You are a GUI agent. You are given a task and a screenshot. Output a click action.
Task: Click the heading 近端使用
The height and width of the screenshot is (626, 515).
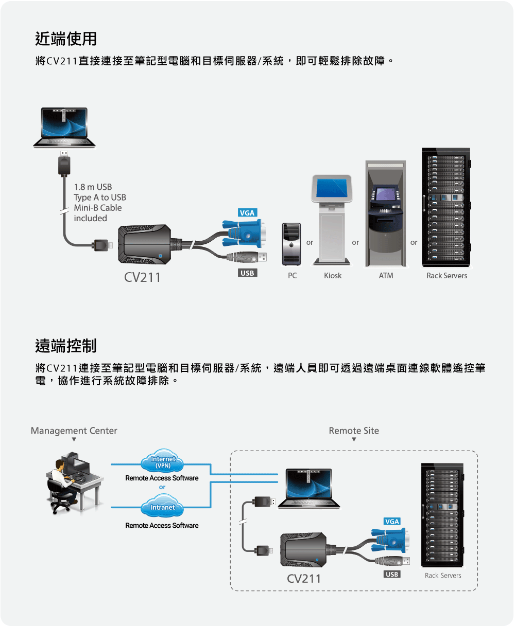[x=66, y=39]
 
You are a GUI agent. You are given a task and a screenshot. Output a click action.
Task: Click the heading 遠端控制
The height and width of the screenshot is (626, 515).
[x=66, y=346]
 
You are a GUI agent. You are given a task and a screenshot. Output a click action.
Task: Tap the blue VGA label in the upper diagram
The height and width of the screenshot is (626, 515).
[x=247, y=212]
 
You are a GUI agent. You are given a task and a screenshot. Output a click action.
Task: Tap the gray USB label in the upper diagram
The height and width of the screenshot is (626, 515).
[x=247, y=273]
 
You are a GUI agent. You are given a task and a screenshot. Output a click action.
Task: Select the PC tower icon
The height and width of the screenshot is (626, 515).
[x=291, y=244]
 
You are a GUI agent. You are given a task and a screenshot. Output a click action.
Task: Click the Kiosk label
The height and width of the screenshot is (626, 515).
[x=333, y=276]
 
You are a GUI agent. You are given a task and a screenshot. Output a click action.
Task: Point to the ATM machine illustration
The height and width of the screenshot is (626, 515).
[x=385, y=213]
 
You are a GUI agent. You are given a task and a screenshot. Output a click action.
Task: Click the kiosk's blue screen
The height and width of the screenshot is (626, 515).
[x=332, y=188]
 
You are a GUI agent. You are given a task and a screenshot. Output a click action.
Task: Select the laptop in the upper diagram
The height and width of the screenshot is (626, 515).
[x=64, y=128]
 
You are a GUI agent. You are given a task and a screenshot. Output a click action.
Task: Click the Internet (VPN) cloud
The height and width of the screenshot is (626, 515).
[x=162, y=461]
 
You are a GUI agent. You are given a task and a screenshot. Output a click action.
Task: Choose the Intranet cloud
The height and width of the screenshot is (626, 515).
[x=162, y=506]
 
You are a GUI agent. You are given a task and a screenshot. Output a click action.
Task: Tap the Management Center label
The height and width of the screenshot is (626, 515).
[x=74, y=431]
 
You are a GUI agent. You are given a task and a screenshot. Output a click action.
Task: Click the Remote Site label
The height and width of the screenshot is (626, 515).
[x=354, y=431]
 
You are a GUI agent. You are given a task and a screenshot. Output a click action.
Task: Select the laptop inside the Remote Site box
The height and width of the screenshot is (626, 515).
[x=309, y=489]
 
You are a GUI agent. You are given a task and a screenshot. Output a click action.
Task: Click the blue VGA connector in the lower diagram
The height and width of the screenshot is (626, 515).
[x=390, y=540]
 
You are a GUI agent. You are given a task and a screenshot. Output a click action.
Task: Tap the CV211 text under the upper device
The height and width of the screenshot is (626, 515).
[x=142, y=278]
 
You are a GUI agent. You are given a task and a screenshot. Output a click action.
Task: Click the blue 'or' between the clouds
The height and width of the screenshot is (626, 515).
[x=162, y=487]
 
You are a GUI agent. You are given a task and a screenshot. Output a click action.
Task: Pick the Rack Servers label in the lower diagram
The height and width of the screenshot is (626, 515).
[x=443, y=575]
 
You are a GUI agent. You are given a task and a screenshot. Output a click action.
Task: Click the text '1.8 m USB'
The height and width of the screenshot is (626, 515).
[x=93, y=187]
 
